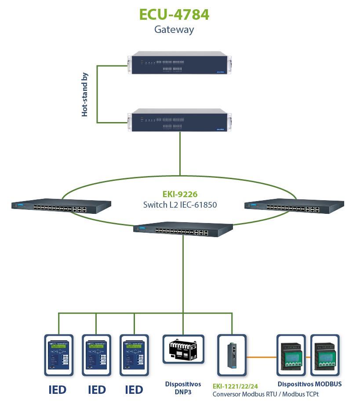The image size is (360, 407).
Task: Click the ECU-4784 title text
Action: pos(174,14)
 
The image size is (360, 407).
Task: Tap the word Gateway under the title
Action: pos(174,30)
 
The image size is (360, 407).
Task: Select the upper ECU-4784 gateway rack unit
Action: pos(179,63)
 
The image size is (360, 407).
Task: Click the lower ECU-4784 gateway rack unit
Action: pos(179,120)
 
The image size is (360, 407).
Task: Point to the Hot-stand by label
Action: pos(85,94)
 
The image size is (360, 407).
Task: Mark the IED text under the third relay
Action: pos(134,389)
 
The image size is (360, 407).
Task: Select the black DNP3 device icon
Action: pos(183,349)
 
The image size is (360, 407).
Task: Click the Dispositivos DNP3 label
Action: pos(183,388)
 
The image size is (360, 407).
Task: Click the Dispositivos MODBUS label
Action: pos(309,384)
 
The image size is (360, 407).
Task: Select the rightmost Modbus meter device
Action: pos(327,354)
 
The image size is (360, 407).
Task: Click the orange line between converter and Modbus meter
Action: pos(261,357)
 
